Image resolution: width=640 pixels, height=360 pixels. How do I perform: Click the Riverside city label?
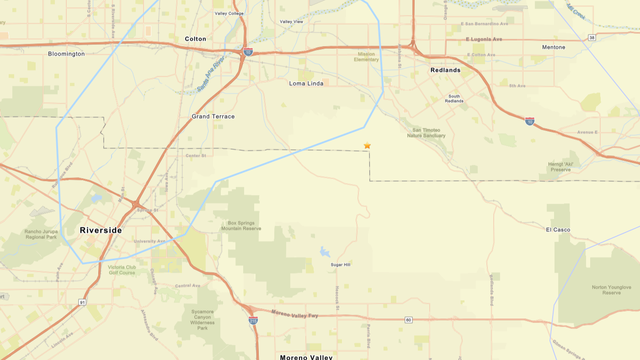coord(100,230)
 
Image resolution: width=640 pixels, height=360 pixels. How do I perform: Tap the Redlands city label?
coord(445,70)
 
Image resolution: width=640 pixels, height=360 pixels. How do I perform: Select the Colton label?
coord(195,39)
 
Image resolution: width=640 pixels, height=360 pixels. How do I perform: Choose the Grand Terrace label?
coord(213,116)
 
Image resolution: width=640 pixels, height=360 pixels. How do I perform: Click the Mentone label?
coord(553,47)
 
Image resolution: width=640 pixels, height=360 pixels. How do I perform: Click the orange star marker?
coord(367,146)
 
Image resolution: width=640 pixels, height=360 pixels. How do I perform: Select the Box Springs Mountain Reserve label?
coord(243,225)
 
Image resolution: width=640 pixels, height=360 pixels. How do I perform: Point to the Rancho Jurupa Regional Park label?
coord(42,236)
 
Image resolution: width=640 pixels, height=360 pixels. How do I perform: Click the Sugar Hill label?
coord(341,265)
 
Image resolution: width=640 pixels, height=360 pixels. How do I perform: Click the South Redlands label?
coord(454,99)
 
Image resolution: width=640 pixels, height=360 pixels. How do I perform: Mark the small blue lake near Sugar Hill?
coord(325,252)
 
